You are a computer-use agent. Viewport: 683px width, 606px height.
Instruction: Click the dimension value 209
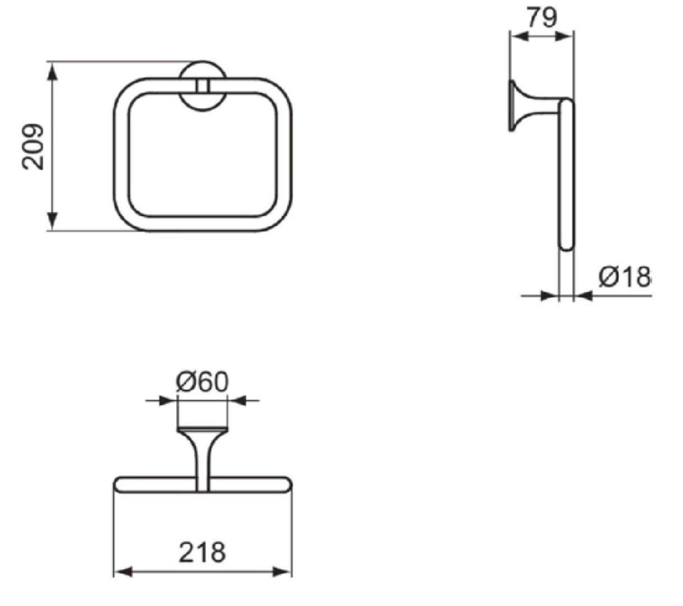pyautogui.click(x=33, y=147)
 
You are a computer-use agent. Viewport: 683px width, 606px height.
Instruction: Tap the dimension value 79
pyautogui.click(x=542, y=17)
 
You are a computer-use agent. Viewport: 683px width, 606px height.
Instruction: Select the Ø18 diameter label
pyautogui.click(x=624, y=276)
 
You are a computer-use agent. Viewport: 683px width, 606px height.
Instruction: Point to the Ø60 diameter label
pyautogui.click(x=202, y=382)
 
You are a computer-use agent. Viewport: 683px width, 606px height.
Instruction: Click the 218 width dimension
pyautogui.click(x=202, y=552)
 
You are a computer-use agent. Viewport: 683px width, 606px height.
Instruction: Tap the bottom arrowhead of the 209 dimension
pyautogui.click(x=52, y=221)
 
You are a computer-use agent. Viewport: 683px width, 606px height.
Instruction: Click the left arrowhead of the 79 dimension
pyautogui.click(x=519, y=37)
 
